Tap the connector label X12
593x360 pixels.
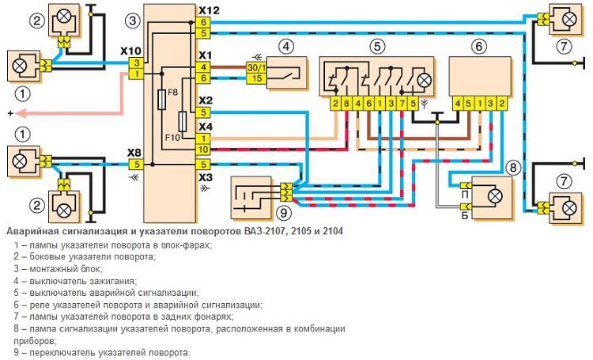tap(210, 10)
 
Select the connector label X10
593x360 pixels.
tap(130, 50)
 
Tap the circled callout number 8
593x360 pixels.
tap(513, 167)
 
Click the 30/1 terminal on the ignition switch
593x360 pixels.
tap(255, 68)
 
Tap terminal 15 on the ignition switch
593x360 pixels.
tap(255, 79)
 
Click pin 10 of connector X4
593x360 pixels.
tap(203, 149)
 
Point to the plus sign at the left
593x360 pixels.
tap(9, 114)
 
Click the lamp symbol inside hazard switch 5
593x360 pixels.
tap(424, 79)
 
